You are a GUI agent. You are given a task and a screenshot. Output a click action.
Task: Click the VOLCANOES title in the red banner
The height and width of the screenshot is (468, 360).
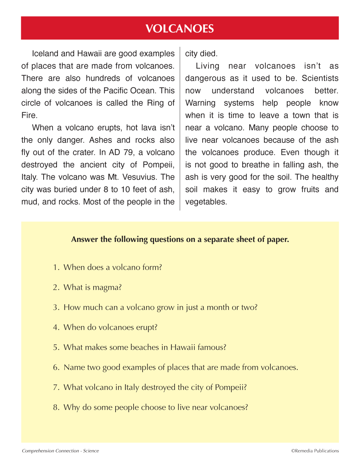(x=180, y=28)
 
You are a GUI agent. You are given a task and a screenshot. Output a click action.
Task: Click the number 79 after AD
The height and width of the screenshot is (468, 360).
(x=128, y=152)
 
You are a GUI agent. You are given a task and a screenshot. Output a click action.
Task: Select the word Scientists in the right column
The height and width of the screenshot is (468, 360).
(x=320, y=78)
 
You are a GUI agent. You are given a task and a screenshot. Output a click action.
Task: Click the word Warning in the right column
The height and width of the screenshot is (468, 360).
(x=200, y=103)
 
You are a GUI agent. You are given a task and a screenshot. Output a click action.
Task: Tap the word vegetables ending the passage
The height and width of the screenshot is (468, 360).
(x=206, y=202)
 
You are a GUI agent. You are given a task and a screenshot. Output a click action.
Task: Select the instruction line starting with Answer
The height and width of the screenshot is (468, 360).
(x=180, y=239)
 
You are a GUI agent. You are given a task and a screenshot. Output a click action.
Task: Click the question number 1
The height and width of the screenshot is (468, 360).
(x=55, y=267)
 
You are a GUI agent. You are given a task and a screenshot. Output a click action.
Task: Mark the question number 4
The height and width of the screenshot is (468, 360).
(x=55, y=328)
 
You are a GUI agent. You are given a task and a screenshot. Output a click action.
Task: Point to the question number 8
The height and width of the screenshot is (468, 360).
(x=55, y=408)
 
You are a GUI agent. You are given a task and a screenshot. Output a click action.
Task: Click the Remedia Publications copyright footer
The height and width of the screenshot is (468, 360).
(x=315, y=451)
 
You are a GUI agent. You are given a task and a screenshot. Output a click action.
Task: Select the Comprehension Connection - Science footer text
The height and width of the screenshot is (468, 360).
(x=60, y=451)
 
